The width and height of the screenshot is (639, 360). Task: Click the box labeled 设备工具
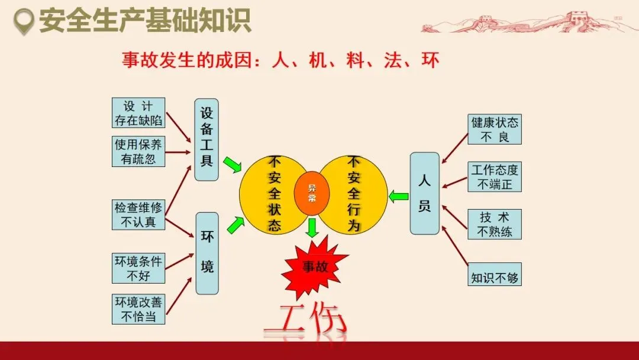(x=206, y=140)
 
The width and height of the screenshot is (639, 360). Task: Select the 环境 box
(x=207, y=253)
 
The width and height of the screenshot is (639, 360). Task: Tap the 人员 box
(x=425, y=194)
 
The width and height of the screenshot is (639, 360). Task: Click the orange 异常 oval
(x=312, y=194)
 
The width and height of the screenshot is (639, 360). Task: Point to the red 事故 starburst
(x=315, y=267)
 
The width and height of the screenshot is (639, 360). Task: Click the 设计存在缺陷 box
(x=138, y=113)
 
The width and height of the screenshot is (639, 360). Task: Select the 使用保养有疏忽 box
(x=138, y=152)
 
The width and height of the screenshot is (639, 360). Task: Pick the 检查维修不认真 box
(x=138, y=215)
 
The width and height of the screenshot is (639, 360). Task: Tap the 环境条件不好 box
(x=138, y=268)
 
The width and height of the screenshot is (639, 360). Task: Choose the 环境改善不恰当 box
(x=138, y=309)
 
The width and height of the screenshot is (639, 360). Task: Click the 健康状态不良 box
(x=495, y=130)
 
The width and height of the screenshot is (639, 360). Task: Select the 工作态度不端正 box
(x=495, y=177)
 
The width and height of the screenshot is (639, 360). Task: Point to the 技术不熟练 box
(x=495, y=224)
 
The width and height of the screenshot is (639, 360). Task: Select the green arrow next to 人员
(x=399, y=196)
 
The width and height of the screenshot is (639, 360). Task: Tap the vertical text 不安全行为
(x=353, y=194)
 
